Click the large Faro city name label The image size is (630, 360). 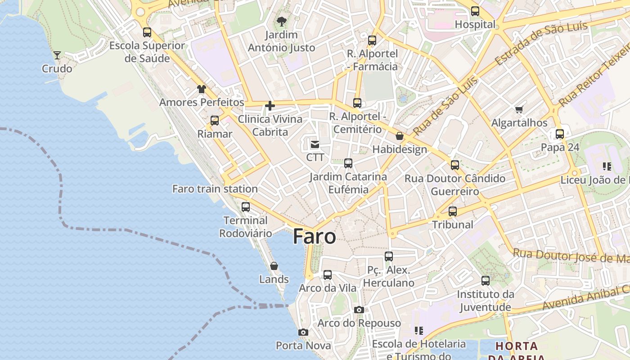(x=314, y=236)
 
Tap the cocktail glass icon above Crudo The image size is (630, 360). (x=57, y=55)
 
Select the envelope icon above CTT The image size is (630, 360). (x=315, y=144)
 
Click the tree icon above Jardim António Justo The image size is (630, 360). (x=282, y=21)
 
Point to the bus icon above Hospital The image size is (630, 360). (x=475, y=11)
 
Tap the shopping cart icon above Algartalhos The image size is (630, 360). (x=519, y=109)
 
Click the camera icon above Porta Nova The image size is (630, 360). (x=303, y=332)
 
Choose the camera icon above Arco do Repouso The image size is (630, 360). (x=359, y=310)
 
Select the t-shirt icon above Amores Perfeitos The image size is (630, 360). (x=201, y=89)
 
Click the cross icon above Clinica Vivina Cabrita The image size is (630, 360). (x=270, y=106)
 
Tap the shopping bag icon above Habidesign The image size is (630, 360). (x=400, y=136)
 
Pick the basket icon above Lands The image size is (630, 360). (x=274, y=266)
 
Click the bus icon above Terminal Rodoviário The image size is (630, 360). (x=246, y=207)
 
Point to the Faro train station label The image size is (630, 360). (x=215, y=189)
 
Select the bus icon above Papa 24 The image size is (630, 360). (x=560, y=134)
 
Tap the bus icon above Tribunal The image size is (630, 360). (x=453, y=211)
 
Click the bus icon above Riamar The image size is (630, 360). (x=215, y=121)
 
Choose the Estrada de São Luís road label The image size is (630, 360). (x=541, y=42)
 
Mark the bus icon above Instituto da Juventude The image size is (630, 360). (x=486, y=281)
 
